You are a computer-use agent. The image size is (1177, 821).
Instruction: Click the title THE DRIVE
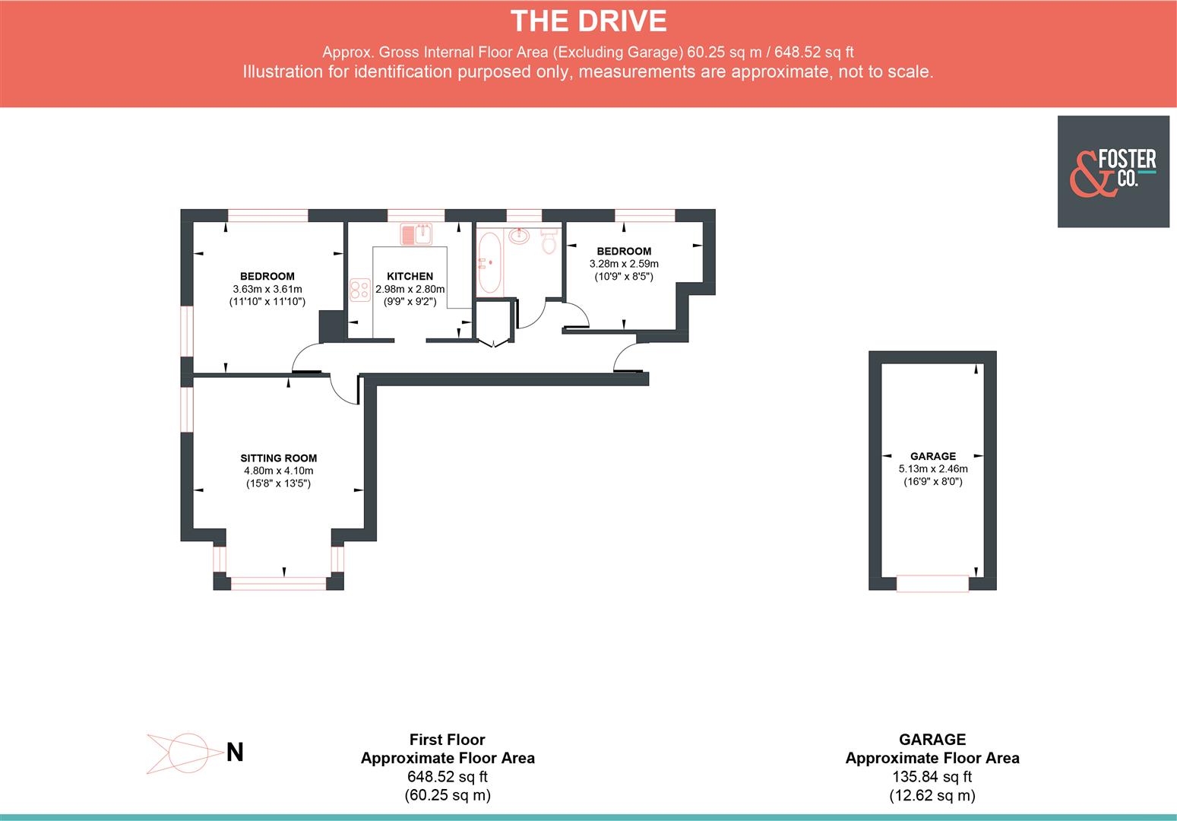(588, 21)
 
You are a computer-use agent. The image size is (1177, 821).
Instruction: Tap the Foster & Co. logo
(1112, 172)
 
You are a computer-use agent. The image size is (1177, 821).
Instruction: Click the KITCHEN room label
(410, 277)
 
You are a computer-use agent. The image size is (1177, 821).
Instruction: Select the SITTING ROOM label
(278, 458)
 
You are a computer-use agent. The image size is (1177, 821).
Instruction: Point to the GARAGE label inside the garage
(932, 456)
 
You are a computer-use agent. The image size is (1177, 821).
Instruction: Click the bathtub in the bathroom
(488, 264)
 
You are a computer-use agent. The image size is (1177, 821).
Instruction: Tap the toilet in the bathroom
(549, 242)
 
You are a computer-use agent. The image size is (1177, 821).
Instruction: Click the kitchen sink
(416, 234)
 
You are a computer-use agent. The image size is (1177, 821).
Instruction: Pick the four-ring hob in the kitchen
(359, 290)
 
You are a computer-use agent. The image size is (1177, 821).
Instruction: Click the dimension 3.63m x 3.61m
(267, 289)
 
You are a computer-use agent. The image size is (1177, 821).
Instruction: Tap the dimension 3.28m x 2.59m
(624, 264)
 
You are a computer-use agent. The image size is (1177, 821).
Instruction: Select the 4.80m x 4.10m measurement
(278, 471)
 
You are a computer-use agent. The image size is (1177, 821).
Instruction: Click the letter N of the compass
(236, 753)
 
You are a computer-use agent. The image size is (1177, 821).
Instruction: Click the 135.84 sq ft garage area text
(932, 777)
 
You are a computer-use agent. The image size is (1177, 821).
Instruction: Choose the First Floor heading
(447, 740)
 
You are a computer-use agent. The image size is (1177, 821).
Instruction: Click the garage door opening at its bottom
(932, 584)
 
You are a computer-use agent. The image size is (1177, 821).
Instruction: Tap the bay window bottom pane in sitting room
(278, 583)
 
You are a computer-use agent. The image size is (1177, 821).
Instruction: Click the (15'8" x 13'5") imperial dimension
(278, 483)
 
